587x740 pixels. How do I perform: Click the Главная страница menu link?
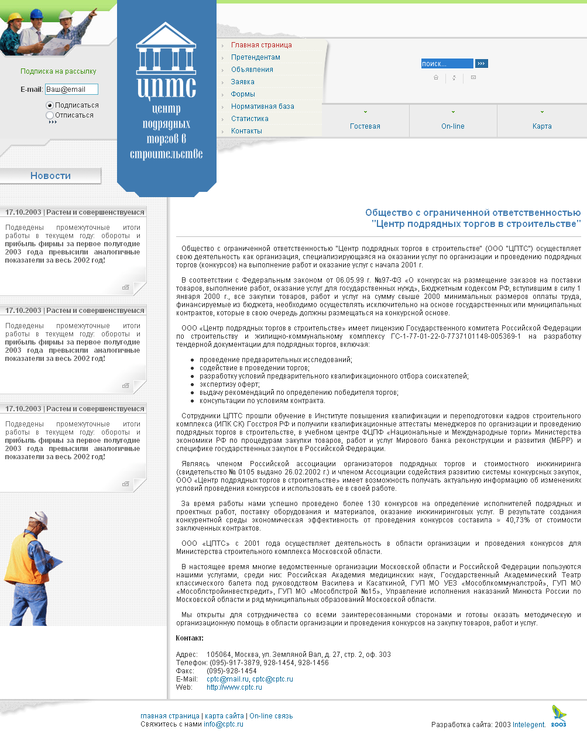[x=261, y=45]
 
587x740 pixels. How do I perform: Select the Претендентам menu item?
[x=255, y=57]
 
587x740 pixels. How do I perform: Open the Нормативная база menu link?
[x=262, y=106]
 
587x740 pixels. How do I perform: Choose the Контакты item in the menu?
[x=246, y=131]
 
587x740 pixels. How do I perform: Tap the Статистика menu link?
[x=249, y=119]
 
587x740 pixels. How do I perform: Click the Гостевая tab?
[x=365, y=126]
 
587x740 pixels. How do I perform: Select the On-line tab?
[x=453, y=126]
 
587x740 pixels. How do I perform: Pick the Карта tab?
[x=542, y=126]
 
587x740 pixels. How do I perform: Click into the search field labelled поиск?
[x=447, y=64]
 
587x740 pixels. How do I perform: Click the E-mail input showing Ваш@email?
[x=71, y=90]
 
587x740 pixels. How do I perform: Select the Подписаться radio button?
[x=50, y=105]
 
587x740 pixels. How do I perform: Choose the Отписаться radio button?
[x=50, y=115]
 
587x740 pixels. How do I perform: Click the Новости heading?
[x=50, y=175]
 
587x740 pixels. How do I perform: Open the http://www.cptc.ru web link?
[x=234, y=687]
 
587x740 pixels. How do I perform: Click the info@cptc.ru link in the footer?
[x=223, y=724]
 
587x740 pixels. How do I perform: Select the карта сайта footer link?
[x=224, y=716]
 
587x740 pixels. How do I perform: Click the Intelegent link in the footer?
[x=528, y=725]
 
